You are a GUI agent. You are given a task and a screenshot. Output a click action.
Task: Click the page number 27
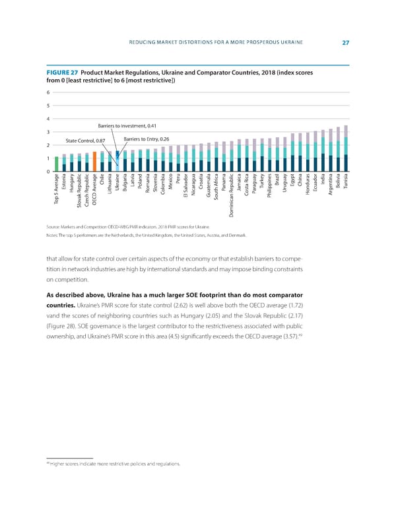(x=345, y=43)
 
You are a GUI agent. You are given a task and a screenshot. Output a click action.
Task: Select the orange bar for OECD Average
(x=95, y=162)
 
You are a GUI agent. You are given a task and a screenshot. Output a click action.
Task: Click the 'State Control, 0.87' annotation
(x=85, y=141)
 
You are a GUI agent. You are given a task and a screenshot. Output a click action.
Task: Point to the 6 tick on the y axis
(x=48, y=92)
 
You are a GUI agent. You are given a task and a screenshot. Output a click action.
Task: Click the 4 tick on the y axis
(x=48, y=119)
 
